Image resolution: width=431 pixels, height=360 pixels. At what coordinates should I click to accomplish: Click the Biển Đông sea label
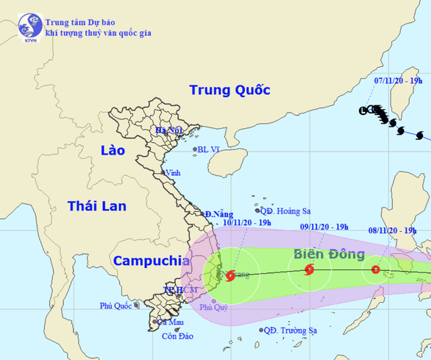tap(329, 255)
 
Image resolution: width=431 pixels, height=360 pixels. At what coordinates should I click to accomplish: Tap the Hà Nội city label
tap(168, 131)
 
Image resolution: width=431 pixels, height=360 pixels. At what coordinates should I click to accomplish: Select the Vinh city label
tap(174, 174)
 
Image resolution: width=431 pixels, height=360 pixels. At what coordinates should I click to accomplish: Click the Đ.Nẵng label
tap(218, 213)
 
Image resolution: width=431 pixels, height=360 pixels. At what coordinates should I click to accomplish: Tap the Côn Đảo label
tap(177, 337)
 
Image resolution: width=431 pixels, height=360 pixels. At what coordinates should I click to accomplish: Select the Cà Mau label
tap(171, 322)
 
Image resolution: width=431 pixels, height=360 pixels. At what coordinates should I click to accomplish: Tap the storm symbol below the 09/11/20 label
tap(308, 270)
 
